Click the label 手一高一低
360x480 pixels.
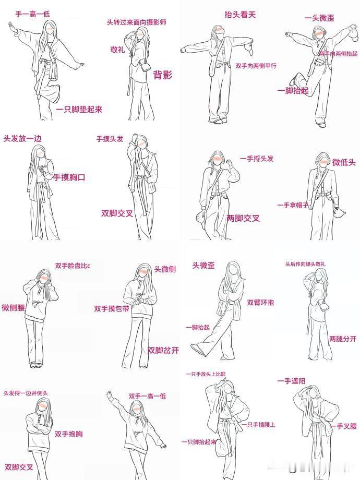pos(32,14)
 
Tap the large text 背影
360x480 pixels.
pos(163,75)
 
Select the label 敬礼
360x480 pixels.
pos(117,49)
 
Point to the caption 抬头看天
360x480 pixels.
pos(240,15)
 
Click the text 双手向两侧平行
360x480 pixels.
pos(256,66)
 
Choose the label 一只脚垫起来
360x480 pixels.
pos(79,109)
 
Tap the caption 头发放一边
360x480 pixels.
pos(22,139)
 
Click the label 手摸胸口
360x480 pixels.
pos(69,177)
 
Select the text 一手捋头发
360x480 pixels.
pos(257,159)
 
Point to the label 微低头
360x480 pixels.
pos(344,162)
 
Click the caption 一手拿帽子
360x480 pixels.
pos(293,205)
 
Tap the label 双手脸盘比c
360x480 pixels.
pos(73,266)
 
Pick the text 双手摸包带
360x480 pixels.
pos(112,308)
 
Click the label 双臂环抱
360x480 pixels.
pos(260,302)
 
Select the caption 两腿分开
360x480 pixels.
pos(343,339)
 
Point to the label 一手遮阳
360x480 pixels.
pos(291,381)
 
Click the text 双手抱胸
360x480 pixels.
pos(68,434)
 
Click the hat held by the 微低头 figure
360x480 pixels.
pos(339,212)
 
